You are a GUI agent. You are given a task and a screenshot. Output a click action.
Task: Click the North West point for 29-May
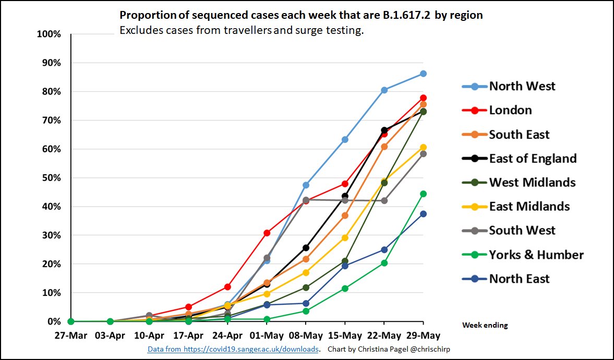423,74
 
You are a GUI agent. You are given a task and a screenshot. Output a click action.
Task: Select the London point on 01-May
267,233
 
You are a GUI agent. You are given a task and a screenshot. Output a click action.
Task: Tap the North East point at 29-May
423,214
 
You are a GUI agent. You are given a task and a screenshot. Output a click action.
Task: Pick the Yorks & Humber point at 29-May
423,194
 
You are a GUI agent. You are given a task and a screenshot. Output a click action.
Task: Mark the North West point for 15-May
345,139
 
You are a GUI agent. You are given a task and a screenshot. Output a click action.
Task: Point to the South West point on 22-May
384,200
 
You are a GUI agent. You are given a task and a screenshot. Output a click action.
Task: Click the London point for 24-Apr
227,287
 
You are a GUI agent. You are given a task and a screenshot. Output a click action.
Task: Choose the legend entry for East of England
533,158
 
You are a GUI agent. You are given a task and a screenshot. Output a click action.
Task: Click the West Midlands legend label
532,182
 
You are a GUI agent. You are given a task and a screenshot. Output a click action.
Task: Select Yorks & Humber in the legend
536,255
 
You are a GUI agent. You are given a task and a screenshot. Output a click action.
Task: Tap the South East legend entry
519,134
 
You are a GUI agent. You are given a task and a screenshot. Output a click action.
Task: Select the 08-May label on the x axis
306,334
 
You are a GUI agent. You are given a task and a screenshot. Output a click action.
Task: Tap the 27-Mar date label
71,334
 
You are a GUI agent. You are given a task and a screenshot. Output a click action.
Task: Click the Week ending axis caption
485,325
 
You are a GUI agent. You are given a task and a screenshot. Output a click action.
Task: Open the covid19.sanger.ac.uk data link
233,349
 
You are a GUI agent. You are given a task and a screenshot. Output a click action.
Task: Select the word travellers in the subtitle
245,30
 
